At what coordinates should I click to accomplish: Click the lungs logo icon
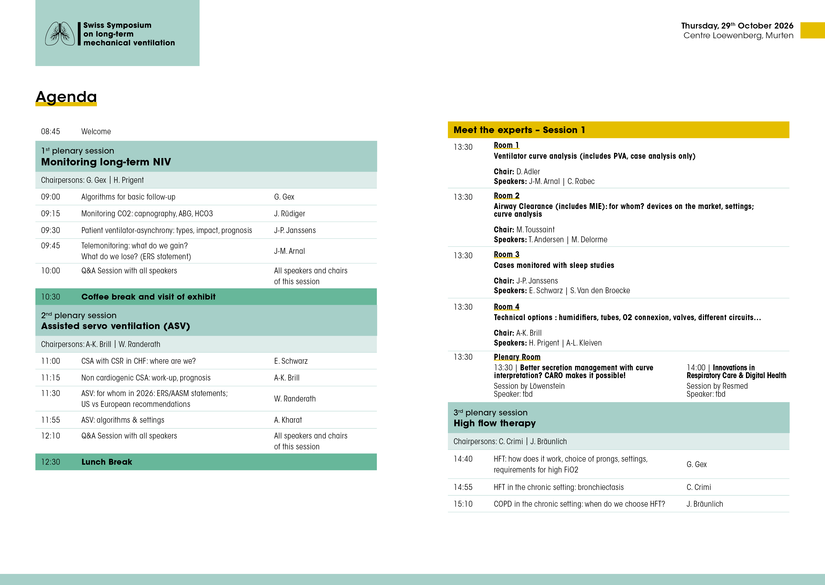click(x=60, y=34)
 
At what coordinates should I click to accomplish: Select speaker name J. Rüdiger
click(x=289, y=214)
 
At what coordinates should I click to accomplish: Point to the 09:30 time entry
click(x=51, y=230)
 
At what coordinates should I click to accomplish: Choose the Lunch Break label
click(x=107, y=462)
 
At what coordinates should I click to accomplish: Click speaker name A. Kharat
click(x=288, y=420)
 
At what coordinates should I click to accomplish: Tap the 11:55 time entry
click(x=51, y=420)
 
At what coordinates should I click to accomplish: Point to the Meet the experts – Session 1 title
click(x=519, y=130)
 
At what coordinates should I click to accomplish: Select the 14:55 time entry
click(x=463, y=487)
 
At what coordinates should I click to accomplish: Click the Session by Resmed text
click(x=717, y=386)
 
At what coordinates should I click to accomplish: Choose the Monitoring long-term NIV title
click(x=106, y=162)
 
